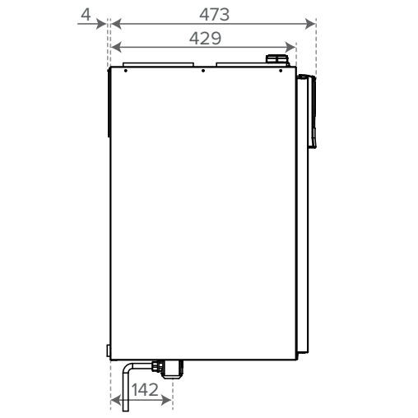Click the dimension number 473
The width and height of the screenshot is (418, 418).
click(212, 14)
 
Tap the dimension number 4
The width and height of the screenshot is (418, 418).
click(86, 14)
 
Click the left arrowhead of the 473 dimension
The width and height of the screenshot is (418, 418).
click(115, 24)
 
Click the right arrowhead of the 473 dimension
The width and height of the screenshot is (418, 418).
click(310, 24)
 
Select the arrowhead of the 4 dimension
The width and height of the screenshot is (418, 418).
click(102, 24)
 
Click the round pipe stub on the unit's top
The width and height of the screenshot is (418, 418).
click(277, 60)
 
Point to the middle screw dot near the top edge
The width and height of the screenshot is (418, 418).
click(202, 71)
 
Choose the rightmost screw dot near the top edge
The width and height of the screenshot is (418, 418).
click(281, 71)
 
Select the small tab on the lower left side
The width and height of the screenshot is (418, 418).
click(109, 351)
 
